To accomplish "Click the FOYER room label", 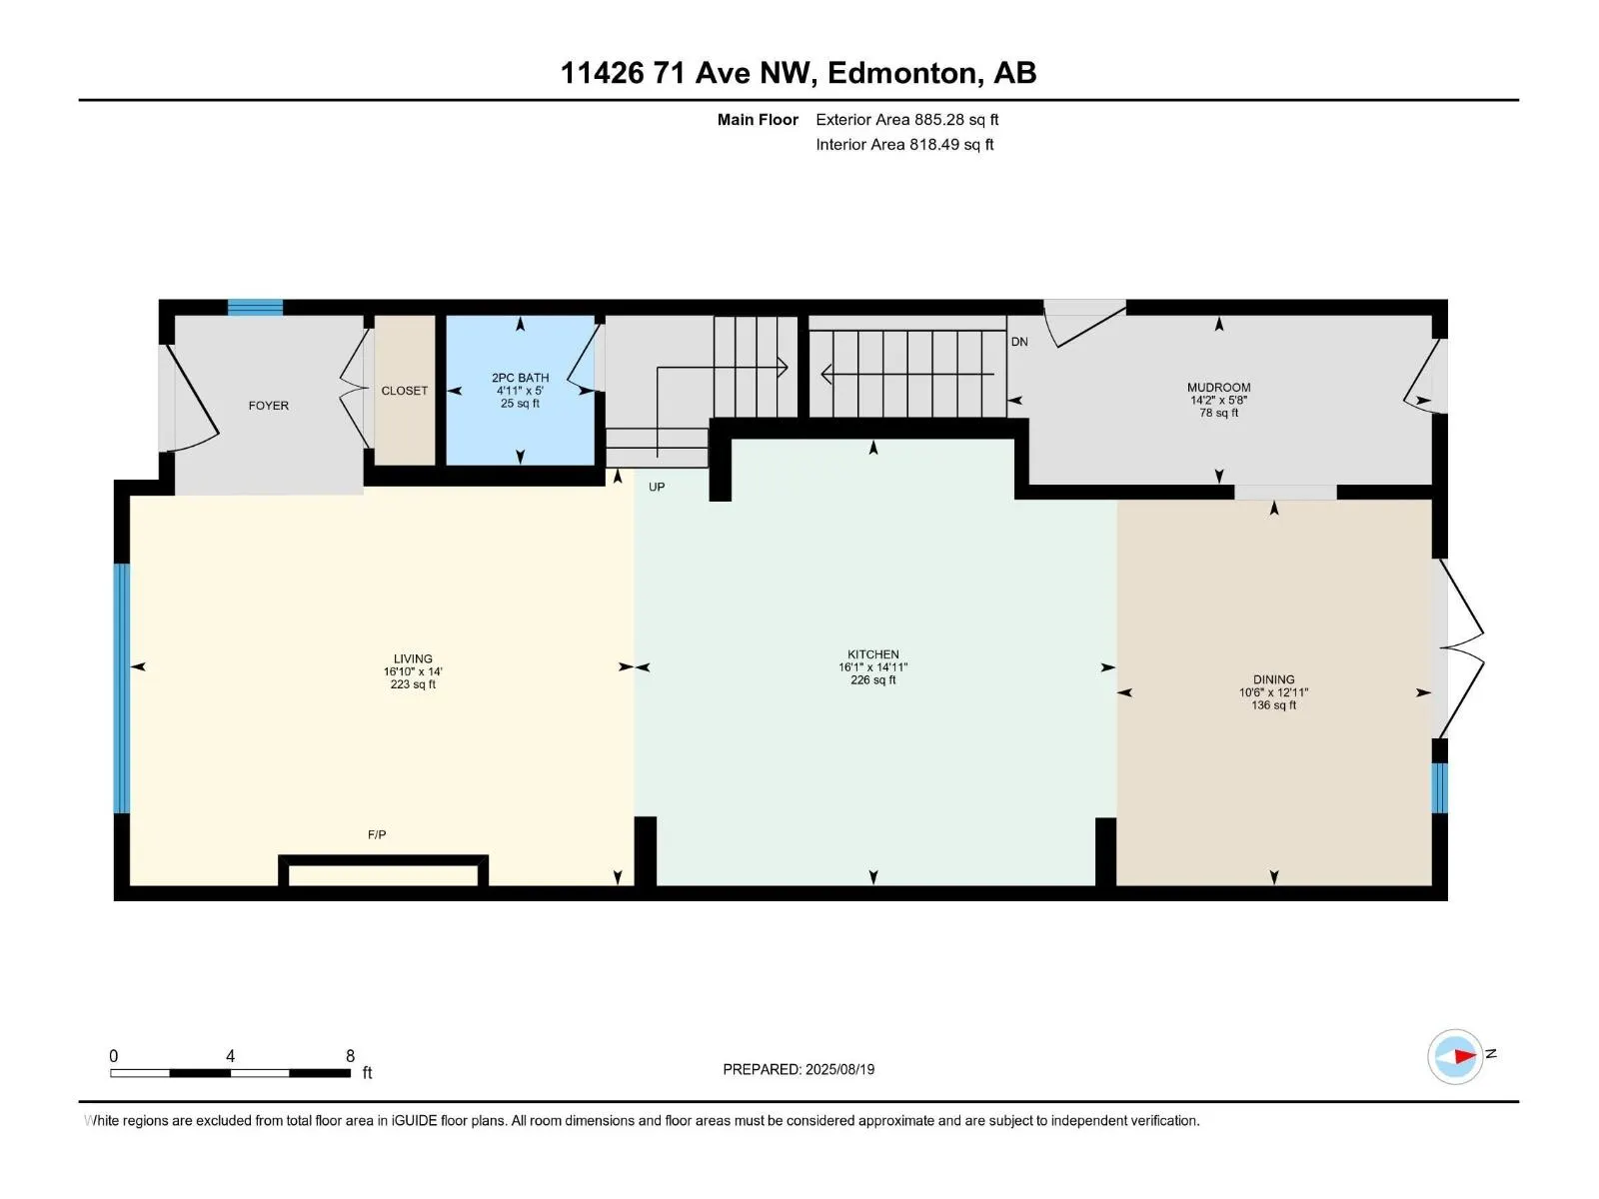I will tap(268, 406).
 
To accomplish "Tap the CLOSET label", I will tap(404, 391).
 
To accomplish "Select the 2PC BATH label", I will tap(520, 378).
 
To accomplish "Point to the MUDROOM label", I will tap(1218, 388).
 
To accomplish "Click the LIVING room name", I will tap(413, 659).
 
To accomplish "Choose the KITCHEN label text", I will tap(872, 654).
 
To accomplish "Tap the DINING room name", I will tap(1273, 679).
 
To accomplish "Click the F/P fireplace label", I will tap(377, 834).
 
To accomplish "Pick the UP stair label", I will tap(657, 488).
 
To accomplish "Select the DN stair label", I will tap(1019, 342).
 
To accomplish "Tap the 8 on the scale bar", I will tap(350, 1056).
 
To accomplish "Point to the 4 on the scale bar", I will tap(231, 1056).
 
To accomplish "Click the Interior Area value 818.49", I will tap(933, 145).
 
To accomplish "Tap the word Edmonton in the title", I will tap(902, 73).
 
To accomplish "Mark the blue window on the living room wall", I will tap(122, 688).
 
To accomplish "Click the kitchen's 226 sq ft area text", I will tap(872, 680).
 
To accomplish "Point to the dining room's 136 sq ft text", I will tap(1273, 705).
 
